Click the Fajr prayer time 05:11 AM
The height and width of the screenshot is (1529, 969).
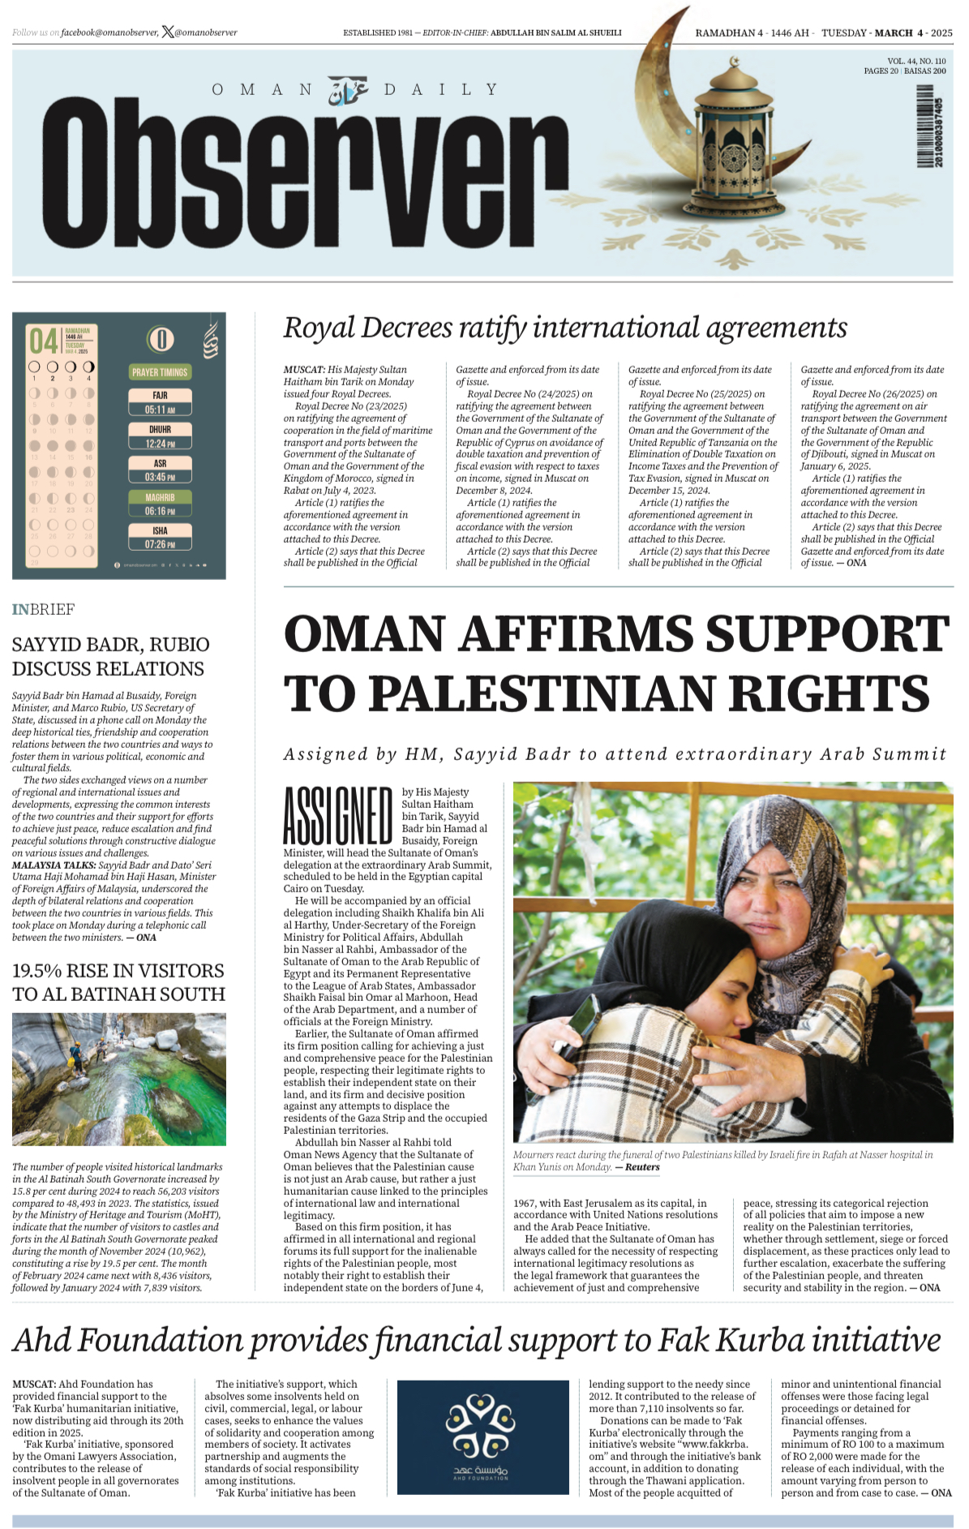[x=160, y=410]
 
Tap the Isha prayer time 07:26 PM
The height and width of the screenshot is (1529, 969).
[x=160, y=544]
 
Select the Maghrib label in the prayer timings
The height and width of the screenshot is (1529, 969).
[x=160, y=497]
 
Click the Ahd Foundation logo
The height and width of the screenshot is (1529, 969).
[x=482, y=1437]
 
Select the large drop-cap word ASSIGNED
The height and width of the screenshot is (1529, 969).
[x=337, y=815]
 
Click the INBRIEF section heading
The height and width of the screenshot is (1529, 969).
[x=43, y=609]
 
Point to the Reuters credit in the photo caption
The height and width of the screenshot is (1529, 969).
[x=642, y=1167]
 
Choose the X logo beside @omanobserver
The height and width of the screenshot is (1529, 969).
[x=168, y=32]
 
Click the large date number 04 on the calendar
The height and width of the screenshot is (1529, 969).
[x=44, y=341]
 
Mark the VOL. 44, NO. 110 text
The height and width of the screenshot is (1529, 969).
[x=915, y=61]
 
